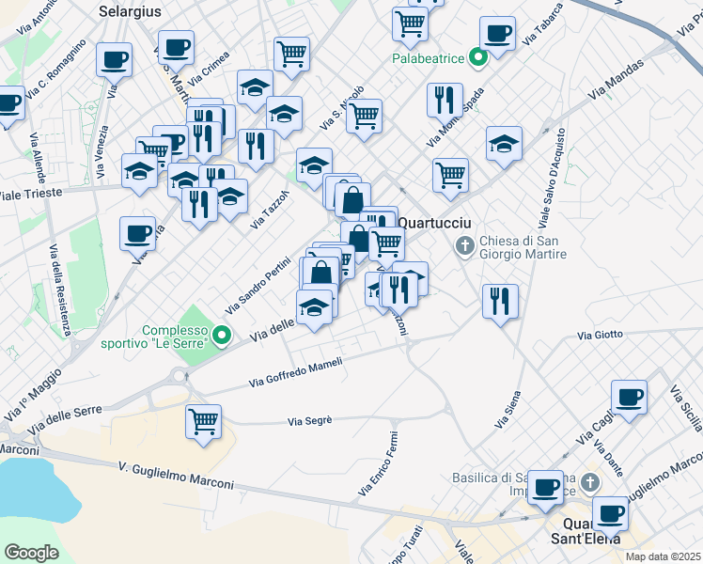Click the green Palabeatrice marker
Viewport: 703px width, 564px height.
point(477,58)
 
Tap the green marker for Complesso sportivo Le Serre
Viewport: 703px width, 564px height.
point(221,334)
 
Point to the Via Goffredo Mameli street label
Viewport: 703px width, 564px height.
point(295,371)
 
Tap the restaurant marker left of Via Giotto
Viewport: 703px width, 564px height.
point(499,301)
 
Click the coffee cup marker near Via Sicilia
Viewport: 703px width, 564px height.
point(629,396)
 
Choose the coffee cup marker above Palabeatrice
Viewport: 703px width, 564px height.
point(498,34)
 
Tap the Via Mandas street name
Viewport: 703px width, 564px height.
point(617,81)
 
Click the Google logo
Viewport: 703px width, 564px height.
point(31,553)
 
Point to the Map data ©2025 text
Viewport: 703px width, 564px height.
point(662,556)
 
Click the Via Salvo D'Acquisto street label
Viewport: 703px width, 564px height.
point(552,180)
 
